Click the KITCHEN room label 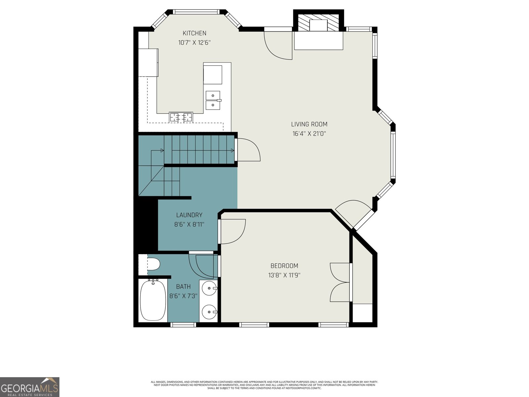(x=194, y=33)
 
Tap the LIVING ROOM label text (x=309, y=124)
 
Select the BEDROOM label (x=284, y=266)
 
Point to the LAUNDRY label (x=189, y=215)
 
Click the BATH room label (x=183, y=287)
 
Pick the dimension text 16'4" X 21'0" (x=309, y=133)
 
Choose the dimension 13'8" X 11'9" (x=284, y=275)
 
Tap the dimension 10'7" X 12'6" (x=194, y=42)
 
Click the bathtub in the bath (x=153, y=300)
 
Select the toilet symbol (x=153, y=264)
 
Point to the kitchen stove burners (x=181, y=117)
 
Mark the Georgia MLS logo (x=30, y=387)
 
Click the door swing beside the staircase (x=249, y=150)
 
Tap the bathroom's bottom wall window (x=183, y=325)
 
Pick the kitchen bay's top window (x=197, y=12)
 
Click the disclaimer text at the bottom (x=264, y=385)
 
